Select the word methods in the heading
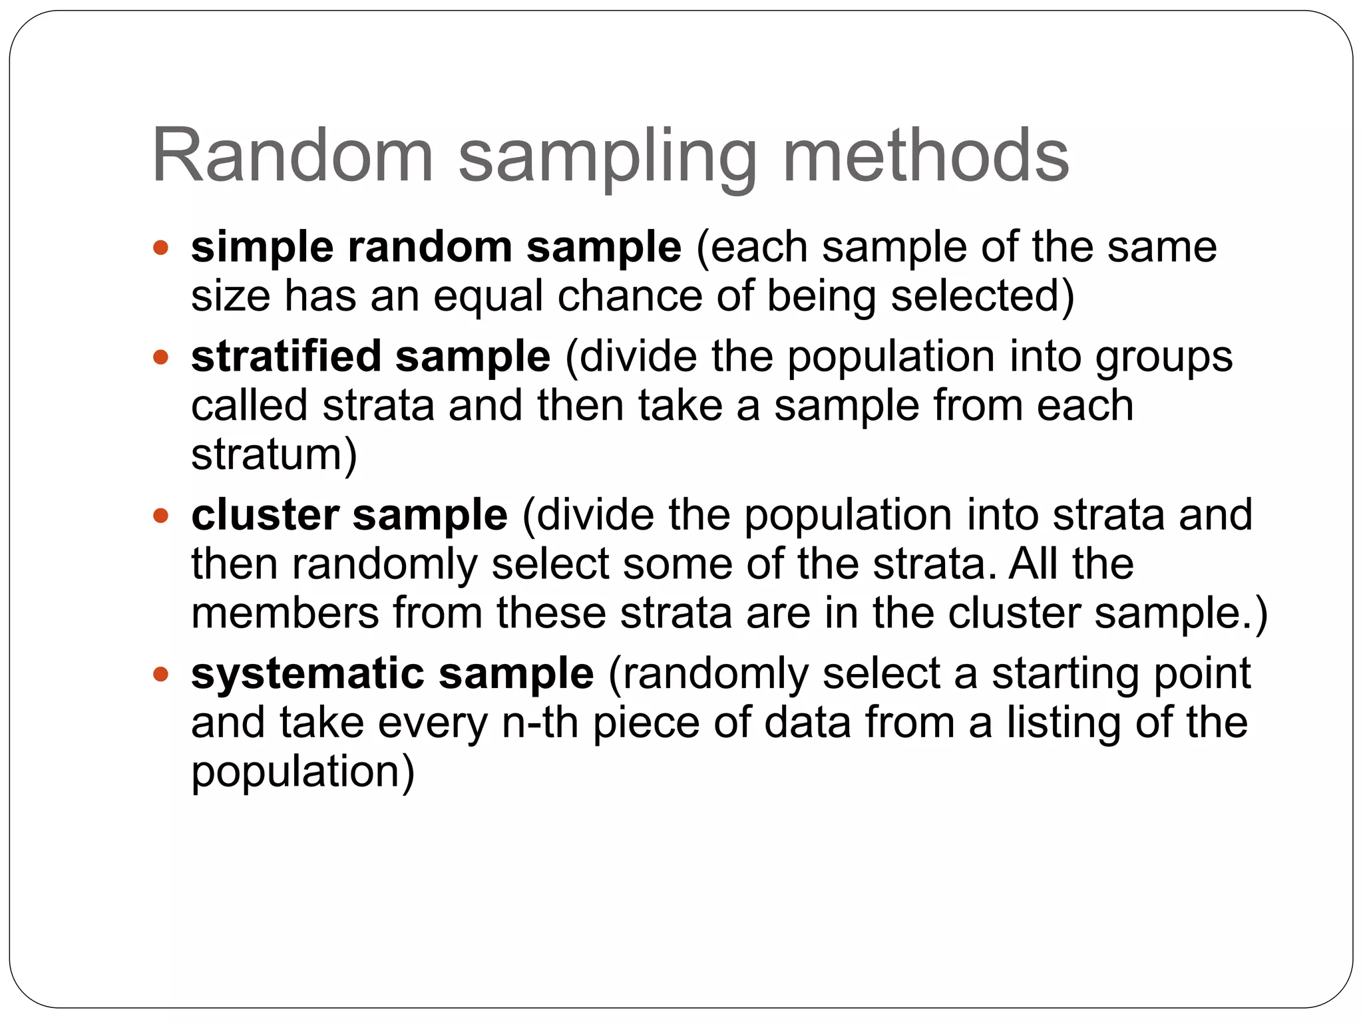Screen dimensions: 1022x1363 [926, 156]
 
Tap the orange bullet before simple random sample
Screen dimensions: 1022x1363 [160, 249]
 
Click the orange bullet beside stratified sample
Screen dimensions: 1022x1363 [160, 358]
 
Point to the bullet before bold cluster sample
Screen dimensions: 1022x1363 [160, 516]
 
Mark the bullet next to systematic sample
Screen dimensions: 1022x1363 [160, 675]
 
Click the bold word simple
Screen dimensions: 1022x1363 [262, 248]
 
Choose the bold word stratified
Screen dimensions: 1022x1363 [286, 357]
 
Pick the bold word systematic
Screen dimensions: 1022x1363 [307, 673]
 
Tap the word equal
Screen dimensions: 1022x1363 [488, 296]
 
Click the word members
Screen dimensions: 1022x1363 [285, 613]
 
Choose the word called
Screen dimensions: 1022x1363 [250, 406]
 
